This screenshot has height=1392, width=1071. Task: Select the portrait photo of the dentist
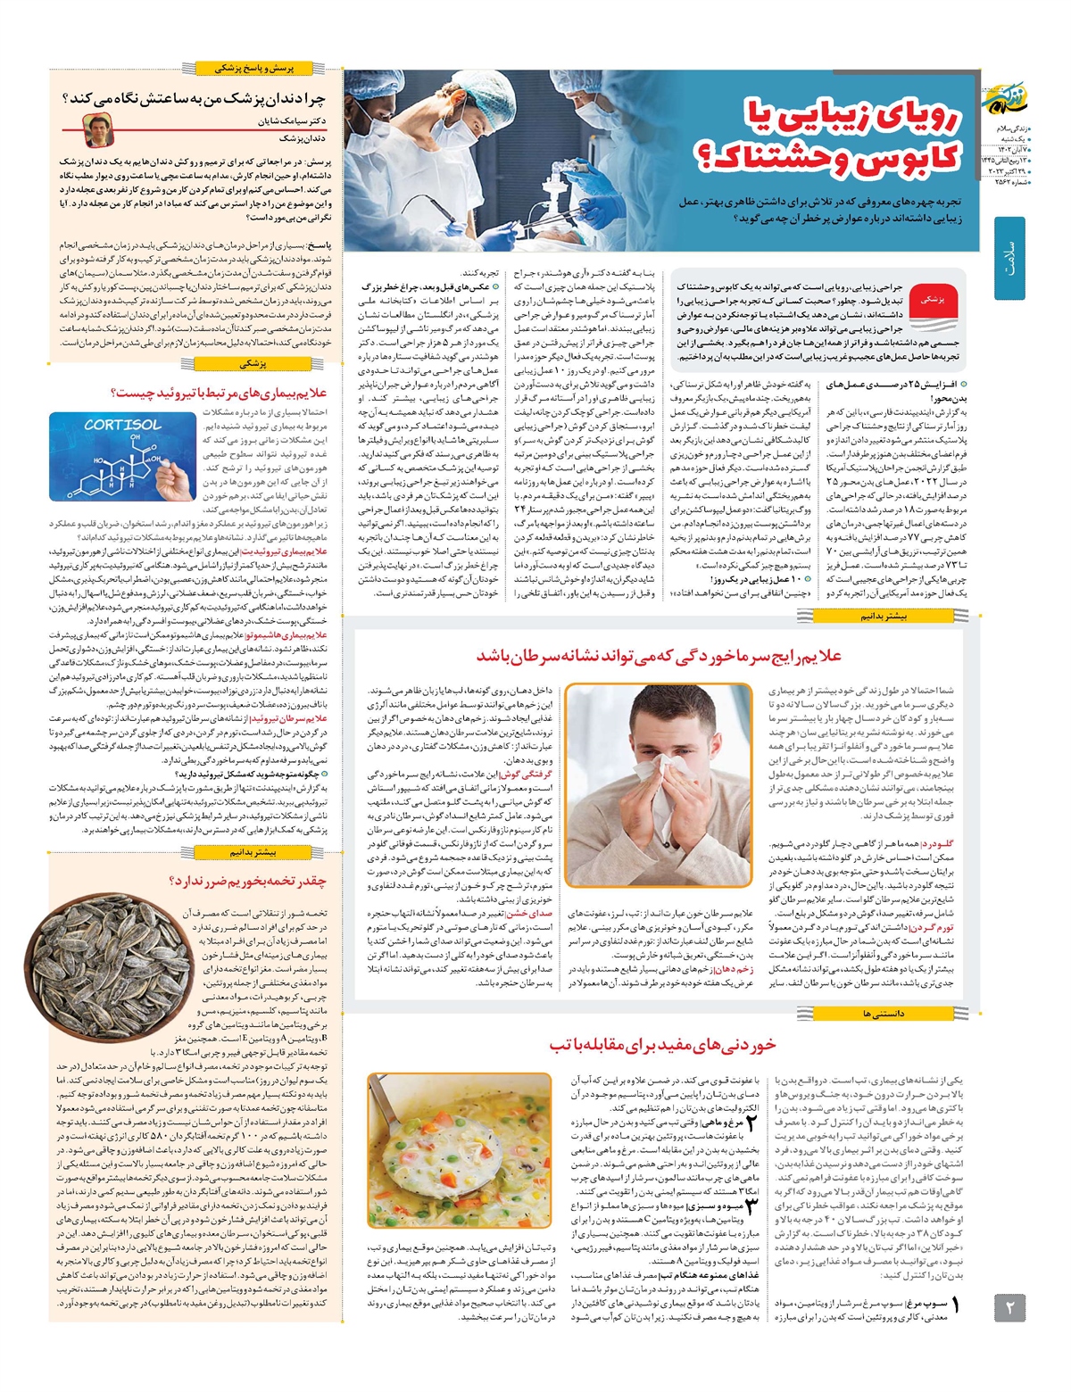pos(94,130)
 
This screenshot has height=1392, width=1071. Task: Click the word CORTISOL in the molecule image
pos(122,425)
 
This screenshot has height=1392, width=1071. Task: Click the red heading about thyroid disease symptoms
pos(220,392)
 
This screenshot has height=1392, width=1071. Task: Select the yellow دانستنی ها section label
pos(884,1014)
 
